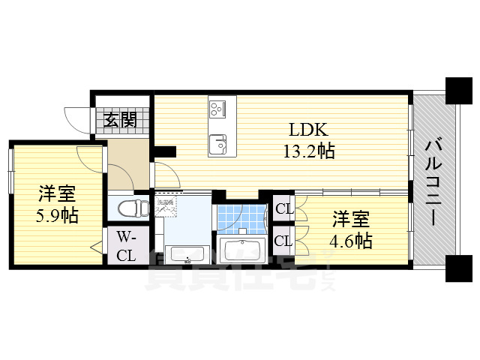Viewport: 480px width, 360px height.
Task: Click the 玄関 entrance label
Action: (x=119, y=119)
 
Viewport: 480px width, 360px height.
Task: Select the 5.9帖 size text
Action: (x=57, y=216)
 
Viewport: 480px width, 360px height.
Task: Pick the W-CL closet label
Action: (x=126, y=247)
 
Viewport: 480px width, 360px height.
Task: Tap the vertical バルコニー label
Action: (x=433, y=179)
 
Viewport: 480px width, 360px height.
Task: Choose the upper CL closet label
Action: (x=283, y=209)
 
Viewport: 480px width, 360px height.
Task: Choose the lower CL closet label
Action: (x=283, y=241)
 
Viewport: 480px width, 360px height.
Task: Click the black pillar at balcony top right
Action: (x=456, y=91)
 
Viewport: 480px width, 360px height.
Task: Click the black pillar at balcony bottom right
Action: (x=456, y=268)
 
